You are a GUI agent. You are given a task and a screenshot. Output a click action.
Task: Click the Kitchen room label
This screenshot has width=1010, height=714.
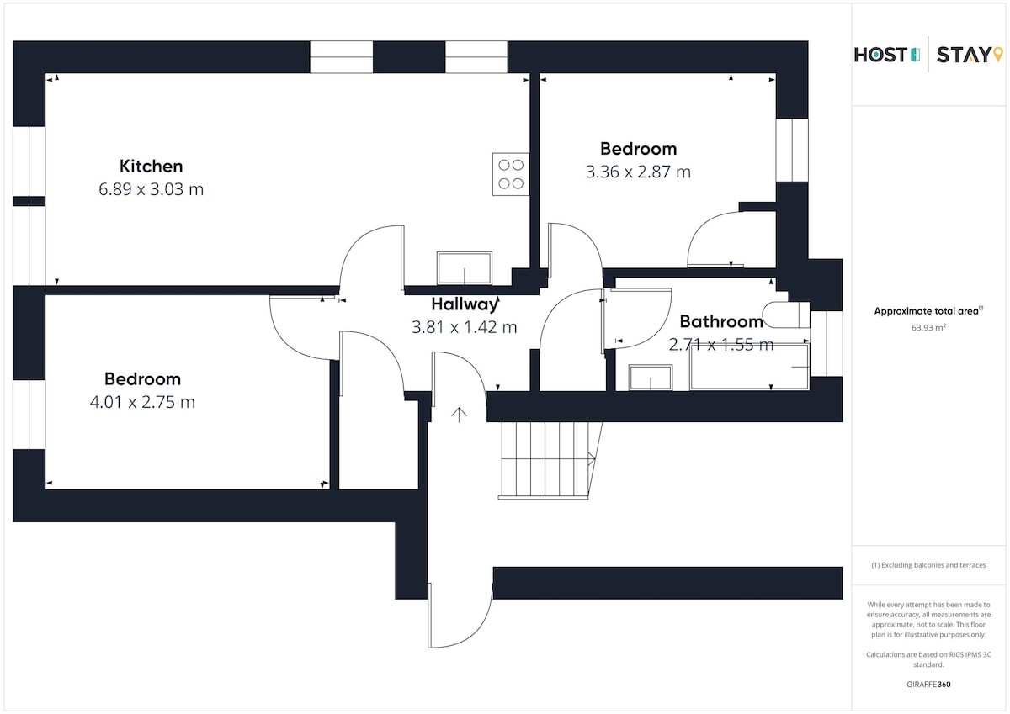point(151,167)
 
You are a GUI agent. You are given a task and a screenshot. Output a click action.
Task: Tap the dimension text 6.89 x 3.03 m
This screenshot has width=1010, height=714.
point(151,189)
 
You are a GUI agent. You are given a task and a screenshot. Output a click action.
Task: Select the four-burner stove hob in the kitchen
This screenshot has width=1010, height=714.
point(510,174)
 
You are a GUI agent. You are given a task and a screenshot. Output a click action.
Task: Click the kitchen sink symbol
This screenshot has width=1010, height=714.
point(464,268)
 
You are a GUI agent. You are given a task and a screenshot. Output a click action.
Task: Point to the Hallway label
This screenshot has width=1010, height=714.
point(465,304)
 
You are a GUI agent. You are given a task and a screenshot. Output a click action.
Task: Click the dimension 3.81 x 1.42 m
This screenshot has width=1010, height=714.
point(464,327)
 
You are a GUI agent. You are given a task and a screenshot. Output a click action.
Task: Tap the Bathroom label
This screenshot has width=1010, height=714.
point(721,321)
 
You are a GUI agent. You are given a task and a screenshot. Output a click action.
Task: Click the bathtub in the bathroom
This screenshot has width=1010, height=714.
point(749,367)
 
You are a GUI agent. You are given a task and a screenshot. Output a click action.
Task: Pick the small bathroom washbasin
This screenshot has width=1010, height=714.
point(650,378)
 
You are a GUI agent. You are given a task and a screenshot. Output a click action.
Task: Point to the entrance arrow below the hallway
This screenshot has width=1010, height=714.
point(459,415)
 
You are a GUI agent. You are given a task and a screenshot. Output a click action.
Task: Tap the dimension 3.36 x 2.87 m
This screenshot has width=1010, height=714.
point(638,172)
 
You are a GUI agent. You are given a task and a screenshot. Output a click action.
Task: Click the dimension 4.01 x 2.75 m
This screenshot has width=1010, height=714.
point(142,402)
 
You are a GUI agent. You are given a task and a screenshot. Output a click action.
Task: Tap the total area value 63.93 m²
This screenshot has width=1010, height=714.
point(928,327)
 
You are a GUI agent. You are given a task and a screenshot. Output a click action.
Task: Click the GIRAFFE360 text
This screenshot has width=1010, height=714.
point(928,685)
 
